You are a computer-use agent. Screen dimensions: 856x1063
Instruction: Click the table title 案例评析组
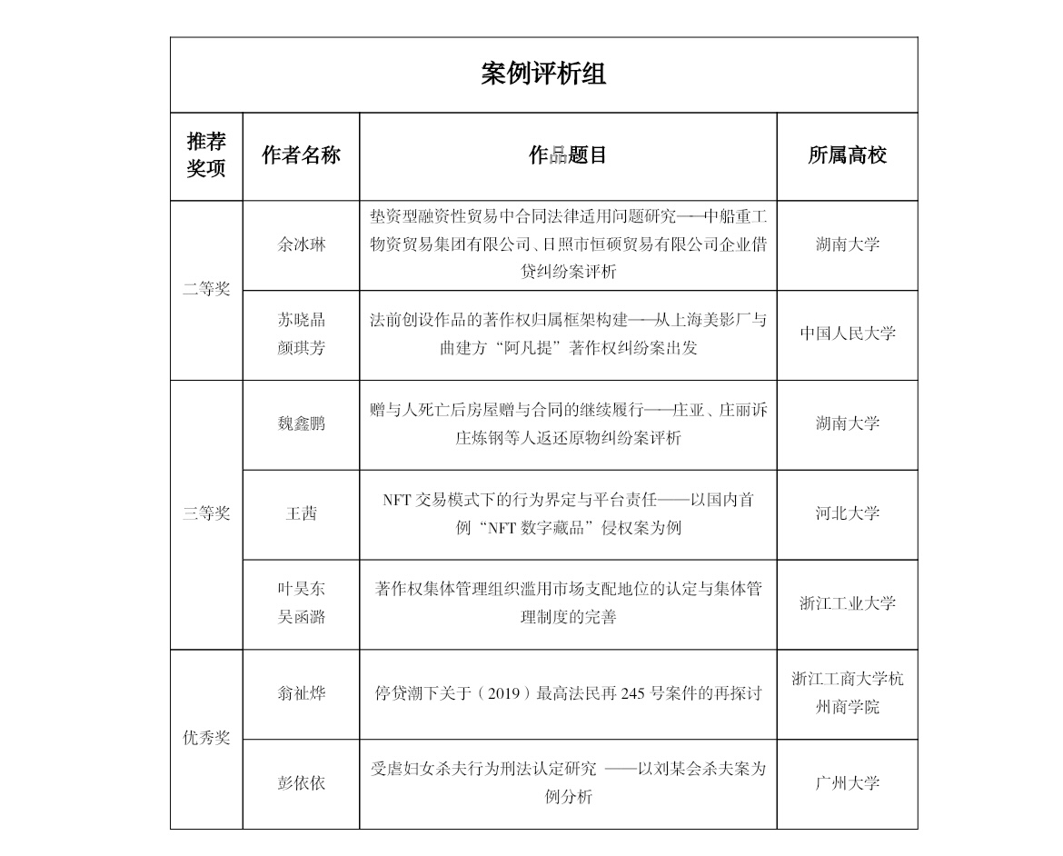543,75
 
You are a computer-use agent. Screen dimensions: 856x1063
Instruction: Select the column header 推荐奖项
206,155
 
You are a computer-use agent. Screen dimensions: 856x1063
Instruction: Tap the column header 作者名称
301,155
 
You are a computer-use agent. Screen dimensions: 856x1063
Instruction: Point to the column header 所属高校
847,155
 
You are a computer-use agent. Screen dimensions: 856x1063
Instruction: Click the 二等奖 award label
206,290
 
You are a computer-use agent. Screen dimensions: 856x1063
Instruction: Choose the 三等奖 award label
206,513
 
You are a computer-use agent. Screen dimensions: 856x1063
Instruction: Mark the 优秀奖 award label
206,738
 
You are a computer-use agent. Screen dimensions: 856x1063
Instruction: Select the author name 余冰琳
301,244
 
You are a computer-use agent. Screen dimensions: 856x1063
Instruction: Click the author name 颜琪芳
301,347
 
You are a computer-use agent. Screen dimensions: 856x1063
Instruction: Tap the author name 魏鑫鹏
301,423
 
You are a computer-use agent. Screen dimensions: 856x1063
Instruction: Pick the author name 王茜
301,513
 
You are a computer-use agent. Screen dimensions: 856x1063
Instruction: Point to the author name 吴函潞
301,617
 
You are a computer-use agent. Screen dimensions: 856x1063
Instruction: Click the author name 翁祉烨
301,693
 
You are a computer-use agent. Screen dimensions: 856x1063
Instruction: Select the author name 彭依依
301,782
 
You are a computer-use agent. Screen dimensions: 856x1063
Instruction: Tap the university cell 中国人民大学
847,333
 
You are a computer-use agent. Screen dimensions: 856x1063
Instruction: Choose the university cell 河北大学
847,513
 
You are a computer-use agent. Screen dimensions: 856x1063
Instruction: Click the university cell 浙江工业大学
847,602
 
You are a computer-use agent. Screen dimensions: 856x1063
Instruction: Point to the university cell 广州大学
847,782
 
